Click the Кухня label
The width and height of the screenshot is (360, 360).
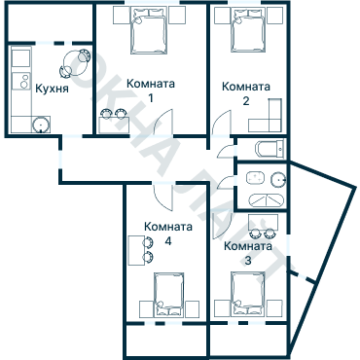(x=51, y=89)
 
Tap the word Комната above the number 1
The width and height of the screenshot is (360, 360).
(x=151, y=85)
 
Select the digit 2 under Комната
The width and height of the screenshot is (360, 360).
(x=245, y=101)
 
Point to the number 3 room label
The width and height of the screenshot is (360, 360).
(x=247, y=261)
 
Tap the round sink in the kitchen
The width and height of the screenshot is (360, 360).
(x=40, y=125)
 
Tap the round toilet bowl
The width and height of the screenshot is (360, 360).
(x=277, y=178)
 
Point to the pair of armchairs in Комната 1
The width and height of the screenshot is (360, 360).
(x=113, y=114)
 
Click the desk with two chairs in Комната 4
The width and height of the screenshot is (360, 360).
(x=138, y=250)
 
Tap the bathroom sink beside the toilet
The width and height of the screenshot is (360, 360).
(x=256, y=178)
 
